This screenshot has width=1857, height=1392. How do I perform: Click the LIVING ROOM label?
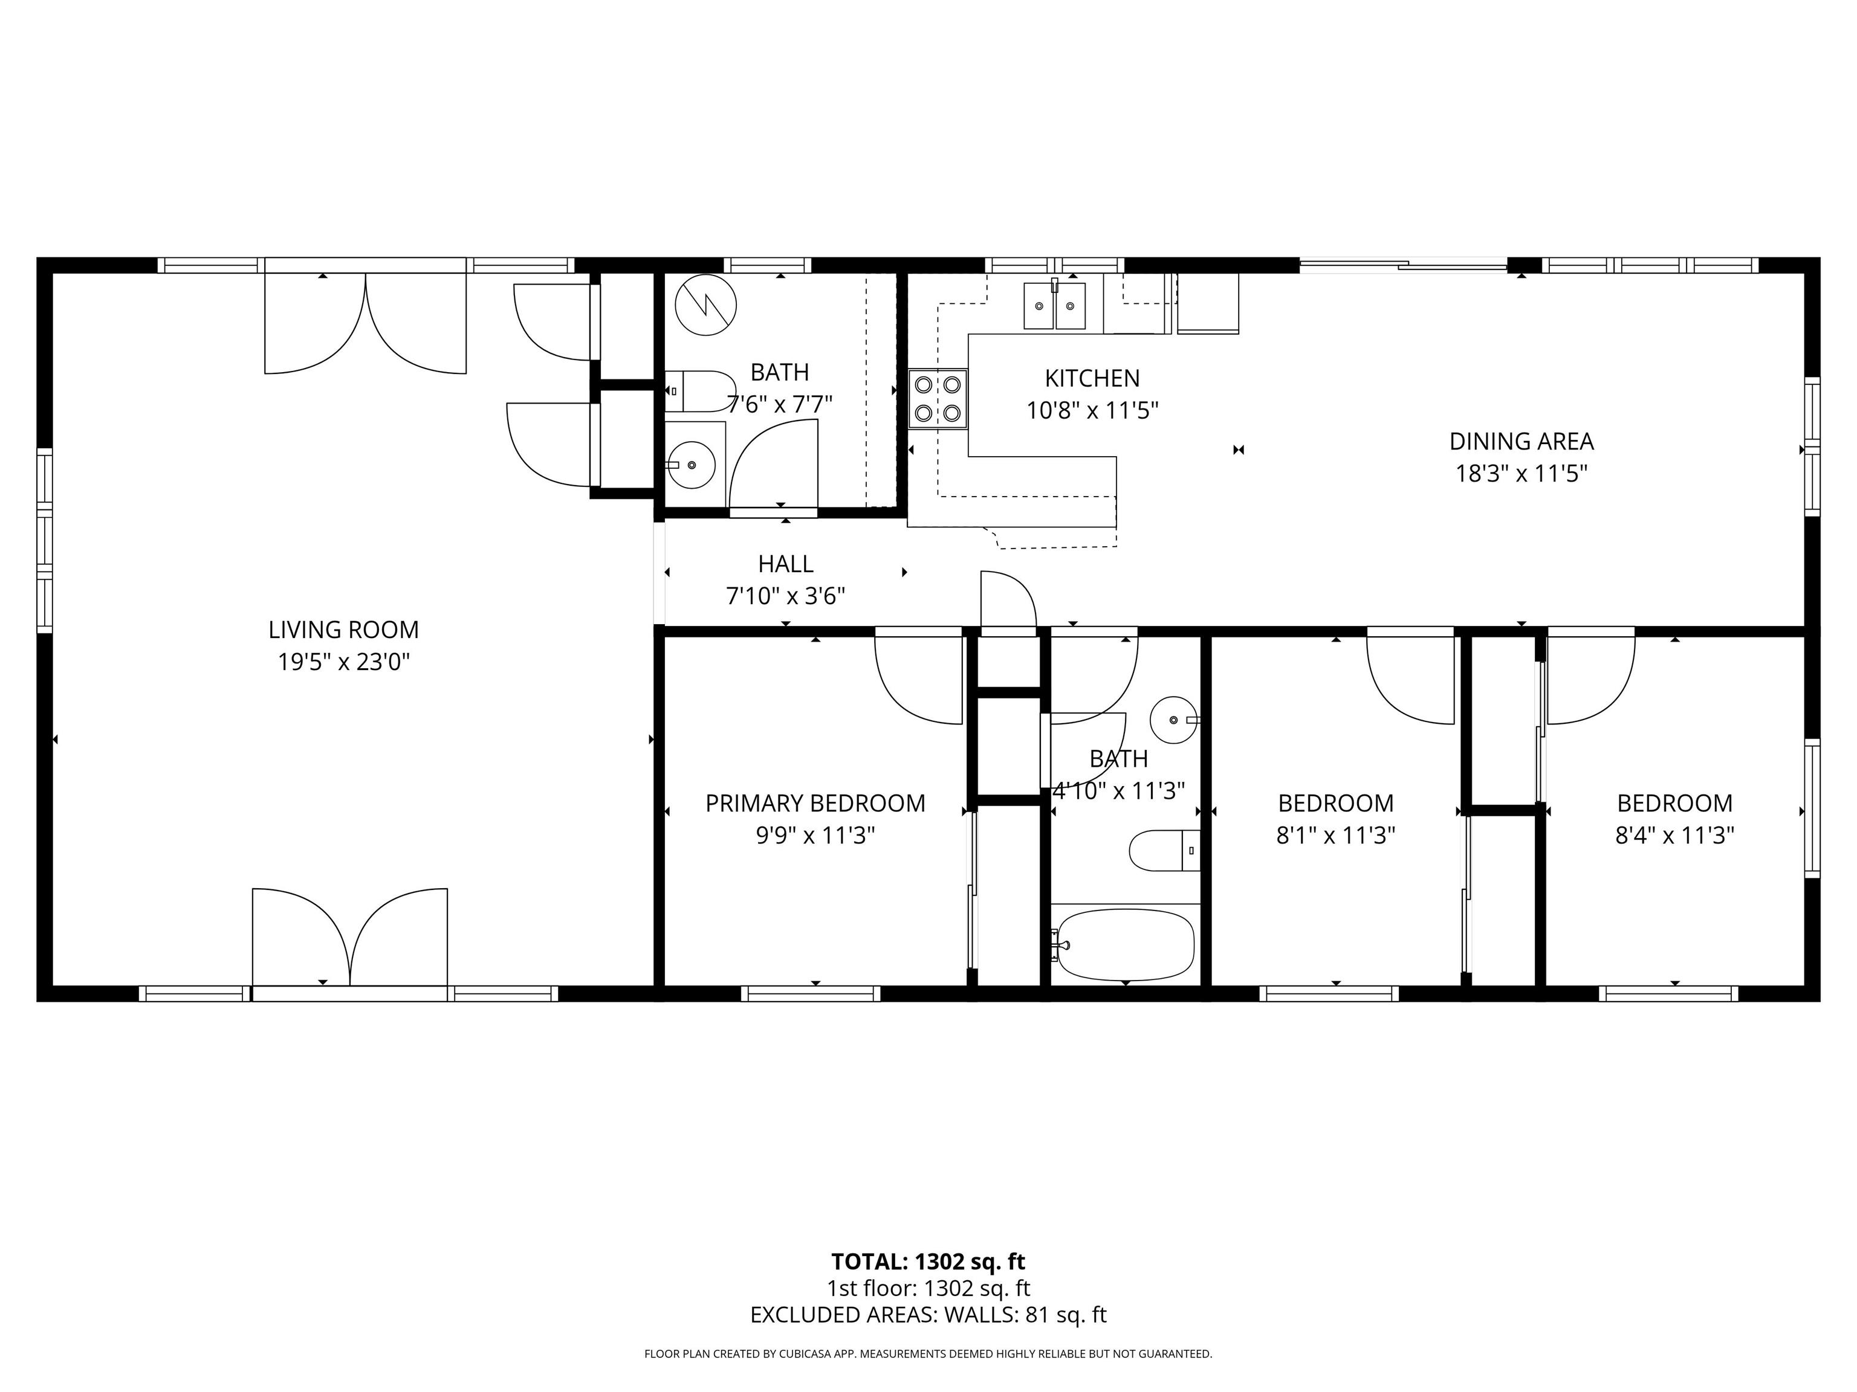(x=343, y=630)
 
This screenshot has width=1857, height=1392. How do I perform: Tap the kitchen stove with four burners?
(x=938, y=399)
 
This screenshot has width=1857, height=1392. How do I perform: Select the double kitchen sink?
(x=1054, y=306)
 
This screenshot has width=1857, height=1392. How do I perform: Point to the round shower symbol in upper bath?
(x=705, y=304)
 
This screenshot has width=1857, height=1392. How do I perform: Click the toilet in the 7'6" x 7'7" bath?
(x=702, y=391)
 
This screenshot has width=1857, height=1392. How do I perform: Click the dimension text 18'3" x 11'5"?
(x=1521, y=474)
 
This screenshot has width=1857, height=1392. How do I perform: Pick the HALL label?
(x=786, y=564)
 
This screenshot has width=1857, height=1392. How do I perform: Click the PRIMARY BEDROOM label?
(x=815, y=803)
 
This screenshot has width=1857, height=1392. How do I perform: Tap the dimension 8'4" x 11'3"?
(x=1675, y=836)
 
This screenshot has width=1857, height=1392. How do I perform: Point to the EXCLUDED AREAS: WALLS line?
(x=928, y=1315)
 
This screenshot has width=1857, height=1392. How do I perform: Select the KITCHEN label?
(x=1092, y=378)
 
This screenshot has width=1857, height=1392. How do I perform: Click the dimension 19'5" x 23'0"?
(x=343, y=663)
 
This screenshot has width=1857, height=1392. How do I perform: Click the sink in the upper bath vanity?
(x=692, y=464)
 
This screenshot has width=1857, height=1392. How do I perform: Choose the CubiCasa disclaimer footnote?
(x=928, y=1353)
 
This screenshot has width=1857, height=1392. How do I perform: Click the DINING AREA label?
(x=1521, y=442)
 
